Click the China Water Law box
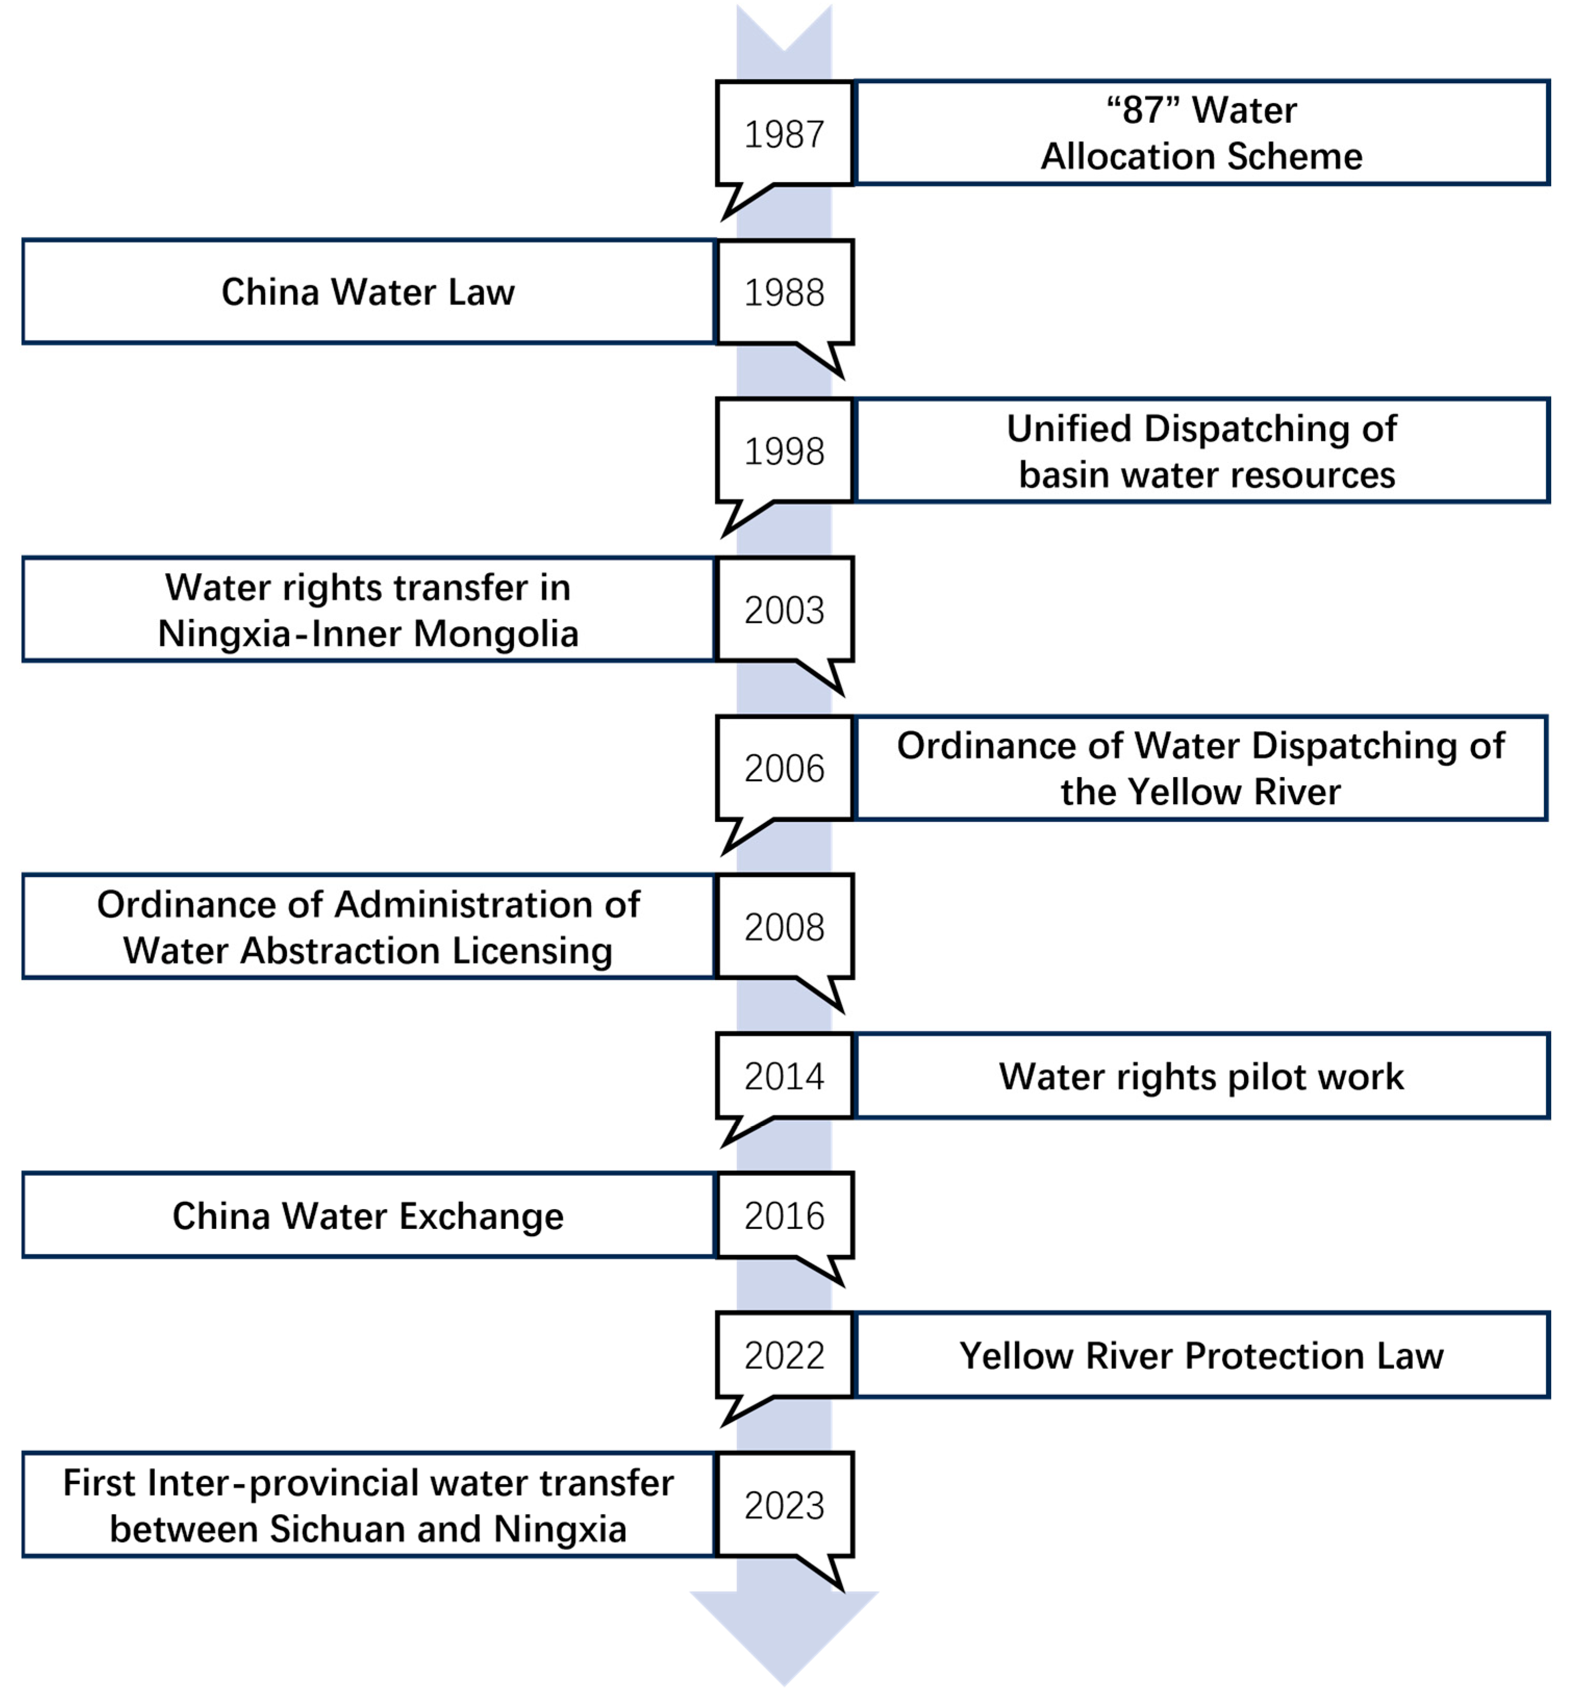coord(368,292)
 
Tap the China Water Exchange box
coord(368,1216)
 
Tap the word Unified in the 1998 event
coord(1069,429)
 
